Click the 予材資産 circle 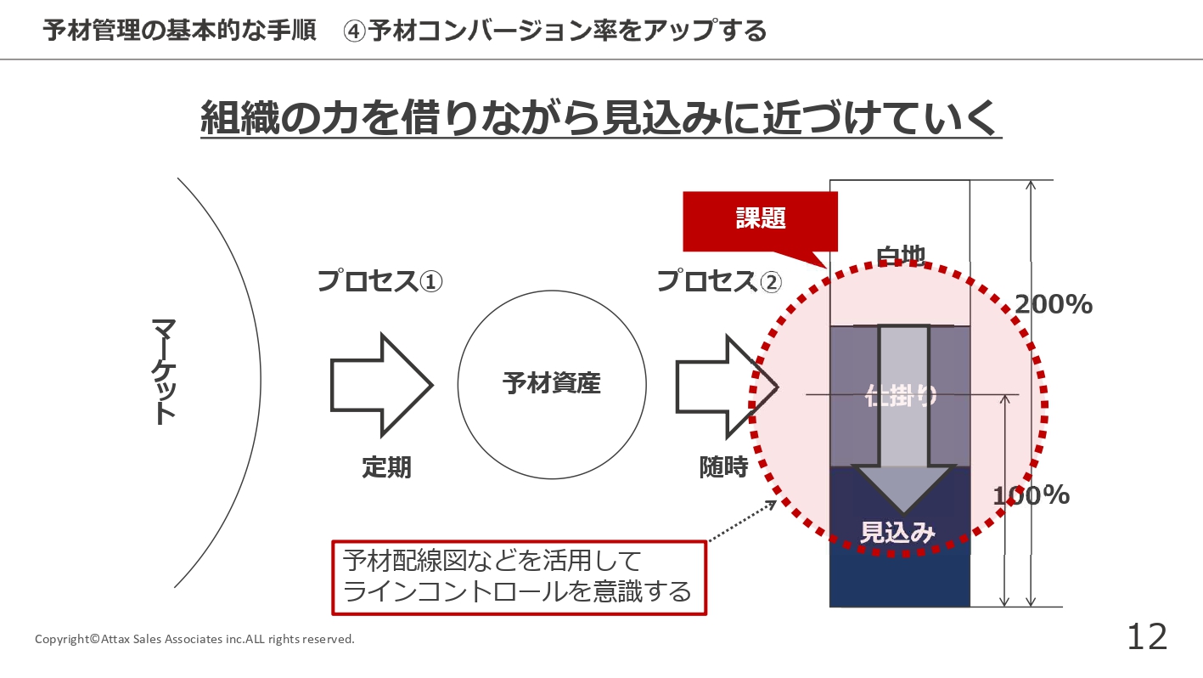click(551, 384)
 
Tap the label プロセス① click(380, 281)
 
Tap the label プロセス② click(720, 281)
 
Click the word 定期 click(386, 466)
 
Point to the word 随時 click(723, 466)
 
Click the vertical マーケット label click(164, 370)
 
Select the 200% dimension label click(1053, 304)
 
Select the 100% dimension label click(1031, 495)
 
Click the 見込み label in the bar click(898, 533)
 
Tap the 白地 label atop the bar click(900, 254)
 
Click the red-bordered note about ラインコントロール click(518, 577)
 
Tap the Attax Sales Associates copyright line click(194, 639)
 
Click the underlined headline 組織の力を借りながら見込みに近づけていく click(600, 118)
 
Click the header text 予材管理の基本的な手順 click(179, 31)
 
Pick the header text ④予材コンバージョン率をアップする click(555, 31)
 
